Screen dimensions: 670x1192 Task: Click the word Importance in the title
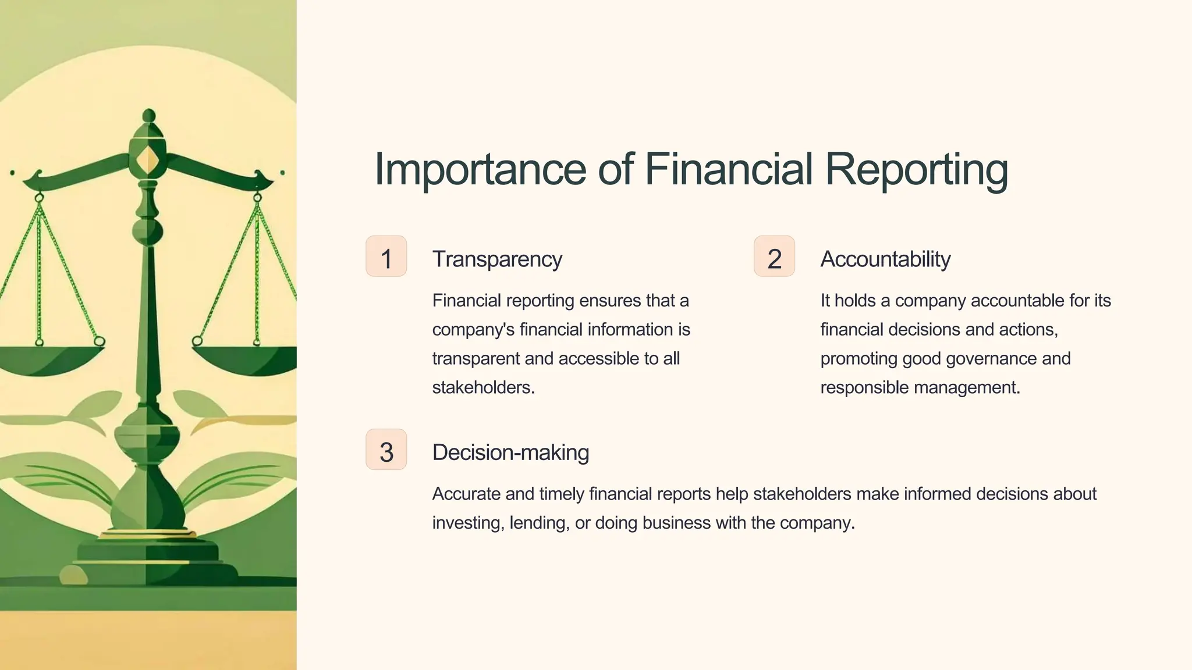pos(480,169)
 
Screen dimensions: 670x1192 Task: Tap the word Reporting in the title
pos(916,170)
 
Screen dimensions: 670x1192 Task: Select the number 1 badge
pos(386,256)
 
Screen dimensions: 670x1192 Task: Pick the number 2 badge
pos(774,256)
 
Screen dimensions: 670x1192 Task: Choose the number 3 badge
pos(386,450)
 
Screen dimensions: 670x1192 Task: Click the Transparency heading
pos(497,259)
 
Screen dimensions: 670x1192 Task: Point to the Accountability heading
pos(885,259)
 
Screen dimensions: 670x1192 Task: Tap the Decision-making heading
pos(510,452)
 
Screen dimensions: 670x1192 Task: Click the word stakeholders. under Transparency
pos(483,387)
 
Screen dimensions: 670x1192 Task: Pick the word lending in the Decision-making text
pos(539,523)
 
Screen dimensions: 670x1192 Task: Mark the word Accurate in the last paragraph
pos(466,494)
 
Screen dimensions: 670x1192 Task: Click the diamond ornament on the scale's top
pos(149,158)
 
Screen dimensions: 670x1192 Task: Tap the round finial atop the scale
pos(149,115)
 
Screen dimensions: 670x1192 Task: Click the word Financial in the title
pos(728,169)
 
